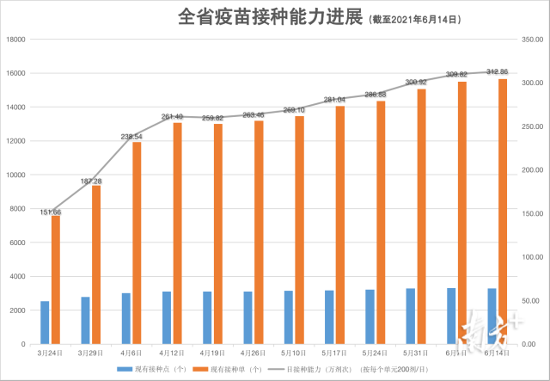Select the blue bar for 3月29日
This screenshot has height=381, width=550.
click(86, 320)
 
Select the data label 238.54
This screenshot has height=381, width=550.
click(131, 137)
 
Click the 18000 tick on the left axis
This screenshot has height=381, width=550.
click(18, 40)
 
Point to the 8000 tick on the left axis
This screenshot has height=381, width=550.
click(20, 209)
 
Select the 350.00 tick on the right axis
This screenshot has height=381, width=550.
click(533, 40)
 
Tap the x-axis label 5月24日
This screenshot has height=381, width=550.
click(375, 353)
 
